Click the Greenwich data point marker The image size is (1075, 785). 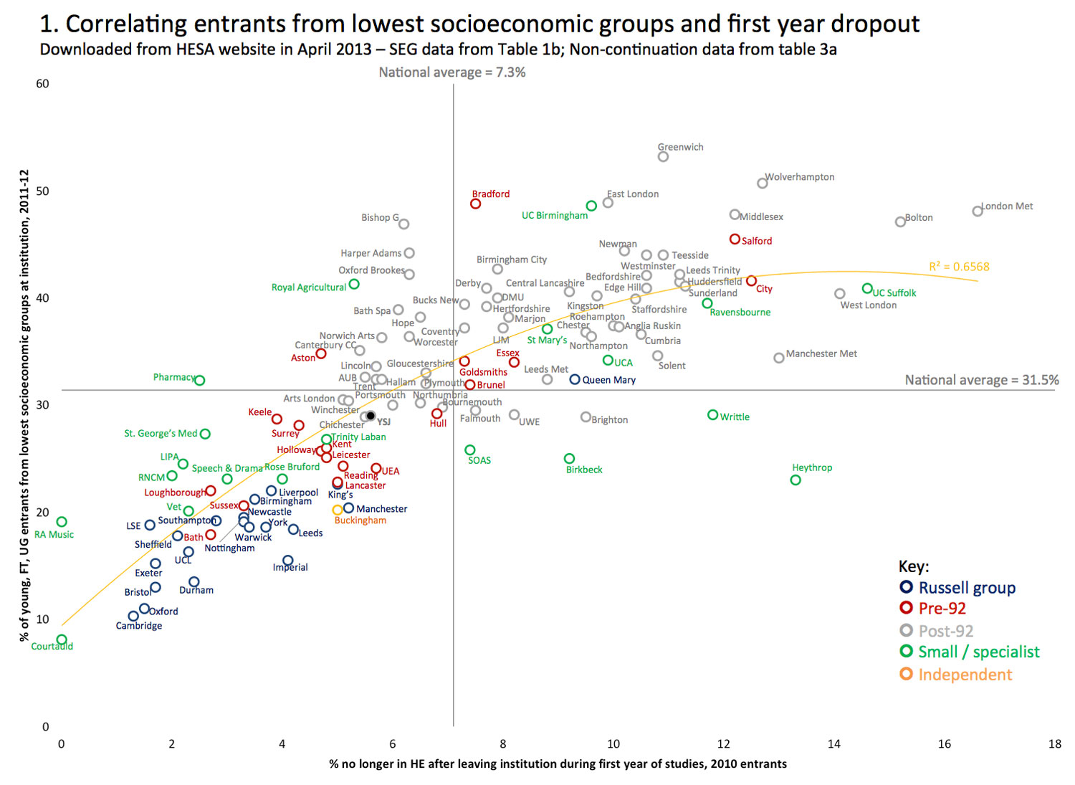pyautogui.click(x=663, y=157)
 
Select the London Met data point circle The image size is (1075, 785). pyautogui.click(x=978, y=211)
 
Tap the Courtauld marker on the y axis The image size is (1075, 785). pyautogui.click(x=62, y=639)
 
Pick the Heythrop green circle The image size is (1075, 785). pyautogui.click(x=795, y=480)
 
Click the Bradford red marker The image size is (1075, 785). pyautogui.click(x=475, y=204)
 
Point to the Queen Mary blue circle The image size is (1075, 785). pyautogui.click(x=575, y=379)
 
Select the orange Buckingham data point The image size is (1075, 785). pyautogui.click(x=338, y=510)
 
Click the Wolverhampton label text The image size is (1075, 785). pyautogui.click(x=800, y=177)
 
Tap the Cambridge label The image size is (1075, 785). pyautogui.click(x=139, y=626)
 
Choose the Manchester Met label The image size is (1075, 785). pyautogui.click(x=821, y=353)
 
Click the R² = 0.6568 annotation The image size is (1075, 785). pyautogui.click(x=959, y=267)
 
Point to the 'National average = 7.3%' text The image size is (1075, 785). pyautogui.click(x=452, y=72)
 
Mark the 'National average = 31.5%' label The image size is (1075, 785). pyautogui.click(x=981, y=380)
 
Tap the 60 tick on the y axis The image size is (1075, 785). pyautogui.click(x=43, y=84)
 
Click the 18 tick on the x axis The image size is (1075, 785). pyautogui.click(x=1055, y=744)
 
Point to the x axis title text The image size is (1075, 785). pyautogui.click(x=558, y=764)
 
